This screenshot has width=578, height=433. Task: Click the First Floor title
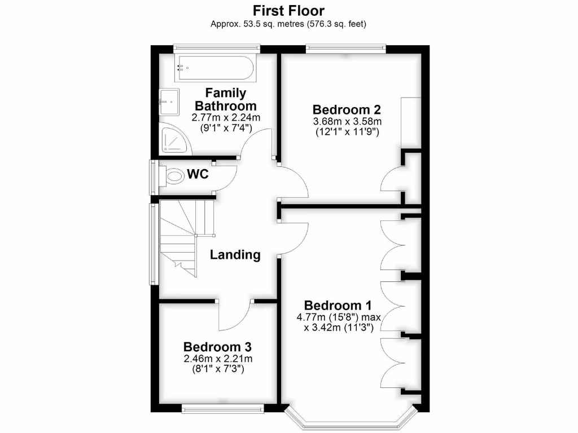pos(288,10)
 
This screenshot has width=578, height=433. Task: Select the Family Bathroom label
pos(225,99)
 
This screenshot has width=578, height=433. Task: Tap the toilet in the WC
pos(174,175)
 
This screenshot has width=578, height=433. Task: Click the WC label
pos(198,174)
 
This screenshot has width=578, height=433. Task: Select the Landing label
pos(235,255)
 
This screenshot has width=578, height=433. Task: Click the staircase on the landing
pos(179,237)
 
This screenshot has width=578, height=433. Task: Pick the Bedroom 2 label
pos(347,109)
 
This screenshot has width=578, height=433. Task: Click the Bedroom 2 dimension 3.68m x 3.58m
pos(347,122)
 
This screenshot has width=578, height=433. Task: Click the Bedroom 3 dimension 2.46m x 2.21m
pos(217,359)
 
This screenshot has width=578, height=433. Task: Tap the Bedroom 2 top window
pos(346,48)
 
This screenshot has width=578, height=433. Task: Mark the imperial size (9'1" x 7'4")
pos(225,129)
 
